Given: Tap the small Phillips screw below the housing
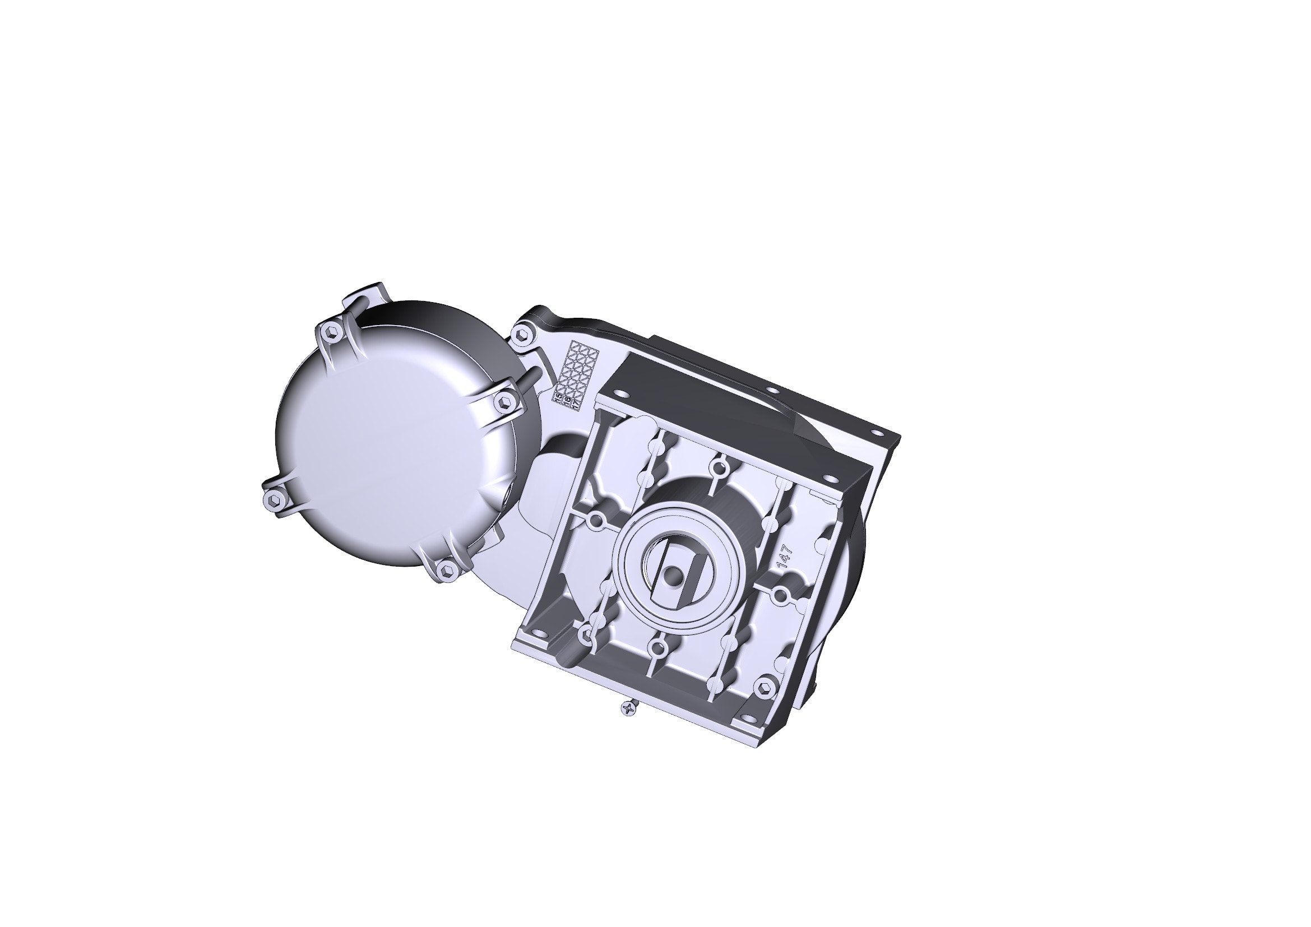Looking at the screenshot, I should [628, 709].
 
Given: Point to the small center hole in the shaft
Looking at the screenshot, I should [673, 576].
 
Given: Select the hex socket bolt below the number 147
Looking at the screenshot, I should [763, 686].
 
